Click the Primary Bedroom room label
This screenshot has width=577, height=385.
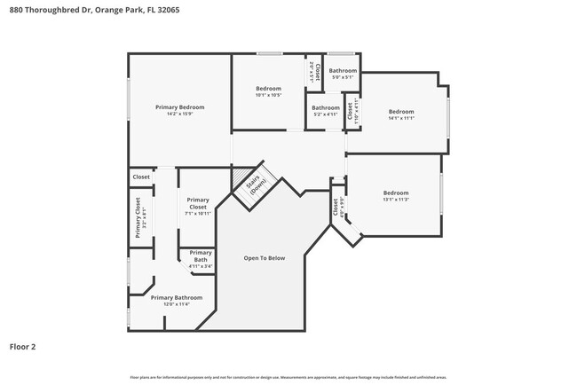pyautogui.click(x=180, y=107)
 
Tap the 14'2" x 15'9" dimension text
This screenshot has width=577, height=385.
pyautogui.click(x=180, y=114)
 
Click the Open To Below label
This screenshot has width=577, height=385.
pyautogui.click(x=265, y=258)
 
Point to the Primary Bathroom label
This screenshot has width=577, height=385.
pyautogui.click(x=176, y=298)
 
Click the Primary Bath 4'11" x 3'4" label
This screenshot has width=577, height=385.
pyautogui.click(x=201, y=259)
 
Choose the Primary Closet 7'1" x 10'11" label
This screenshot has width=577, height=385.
pyautogui.click(x=198, y=207)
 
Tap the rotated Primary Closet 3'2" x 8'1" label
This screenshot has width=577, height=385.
pyautogui.click(x=140, y=217)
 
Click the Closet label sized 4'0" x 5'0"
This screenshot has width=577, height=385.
pyautogui.click(x=337, y=208)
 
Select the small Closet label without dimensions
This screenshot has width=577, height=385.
pyautogui.click(x=141, y=177)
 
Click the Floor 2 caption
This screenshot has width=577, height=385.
pyautogui.click(x=22, y=347)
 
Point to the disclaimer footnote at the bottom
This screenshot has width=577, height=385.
pyautogui.click(x=288, y=377)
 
